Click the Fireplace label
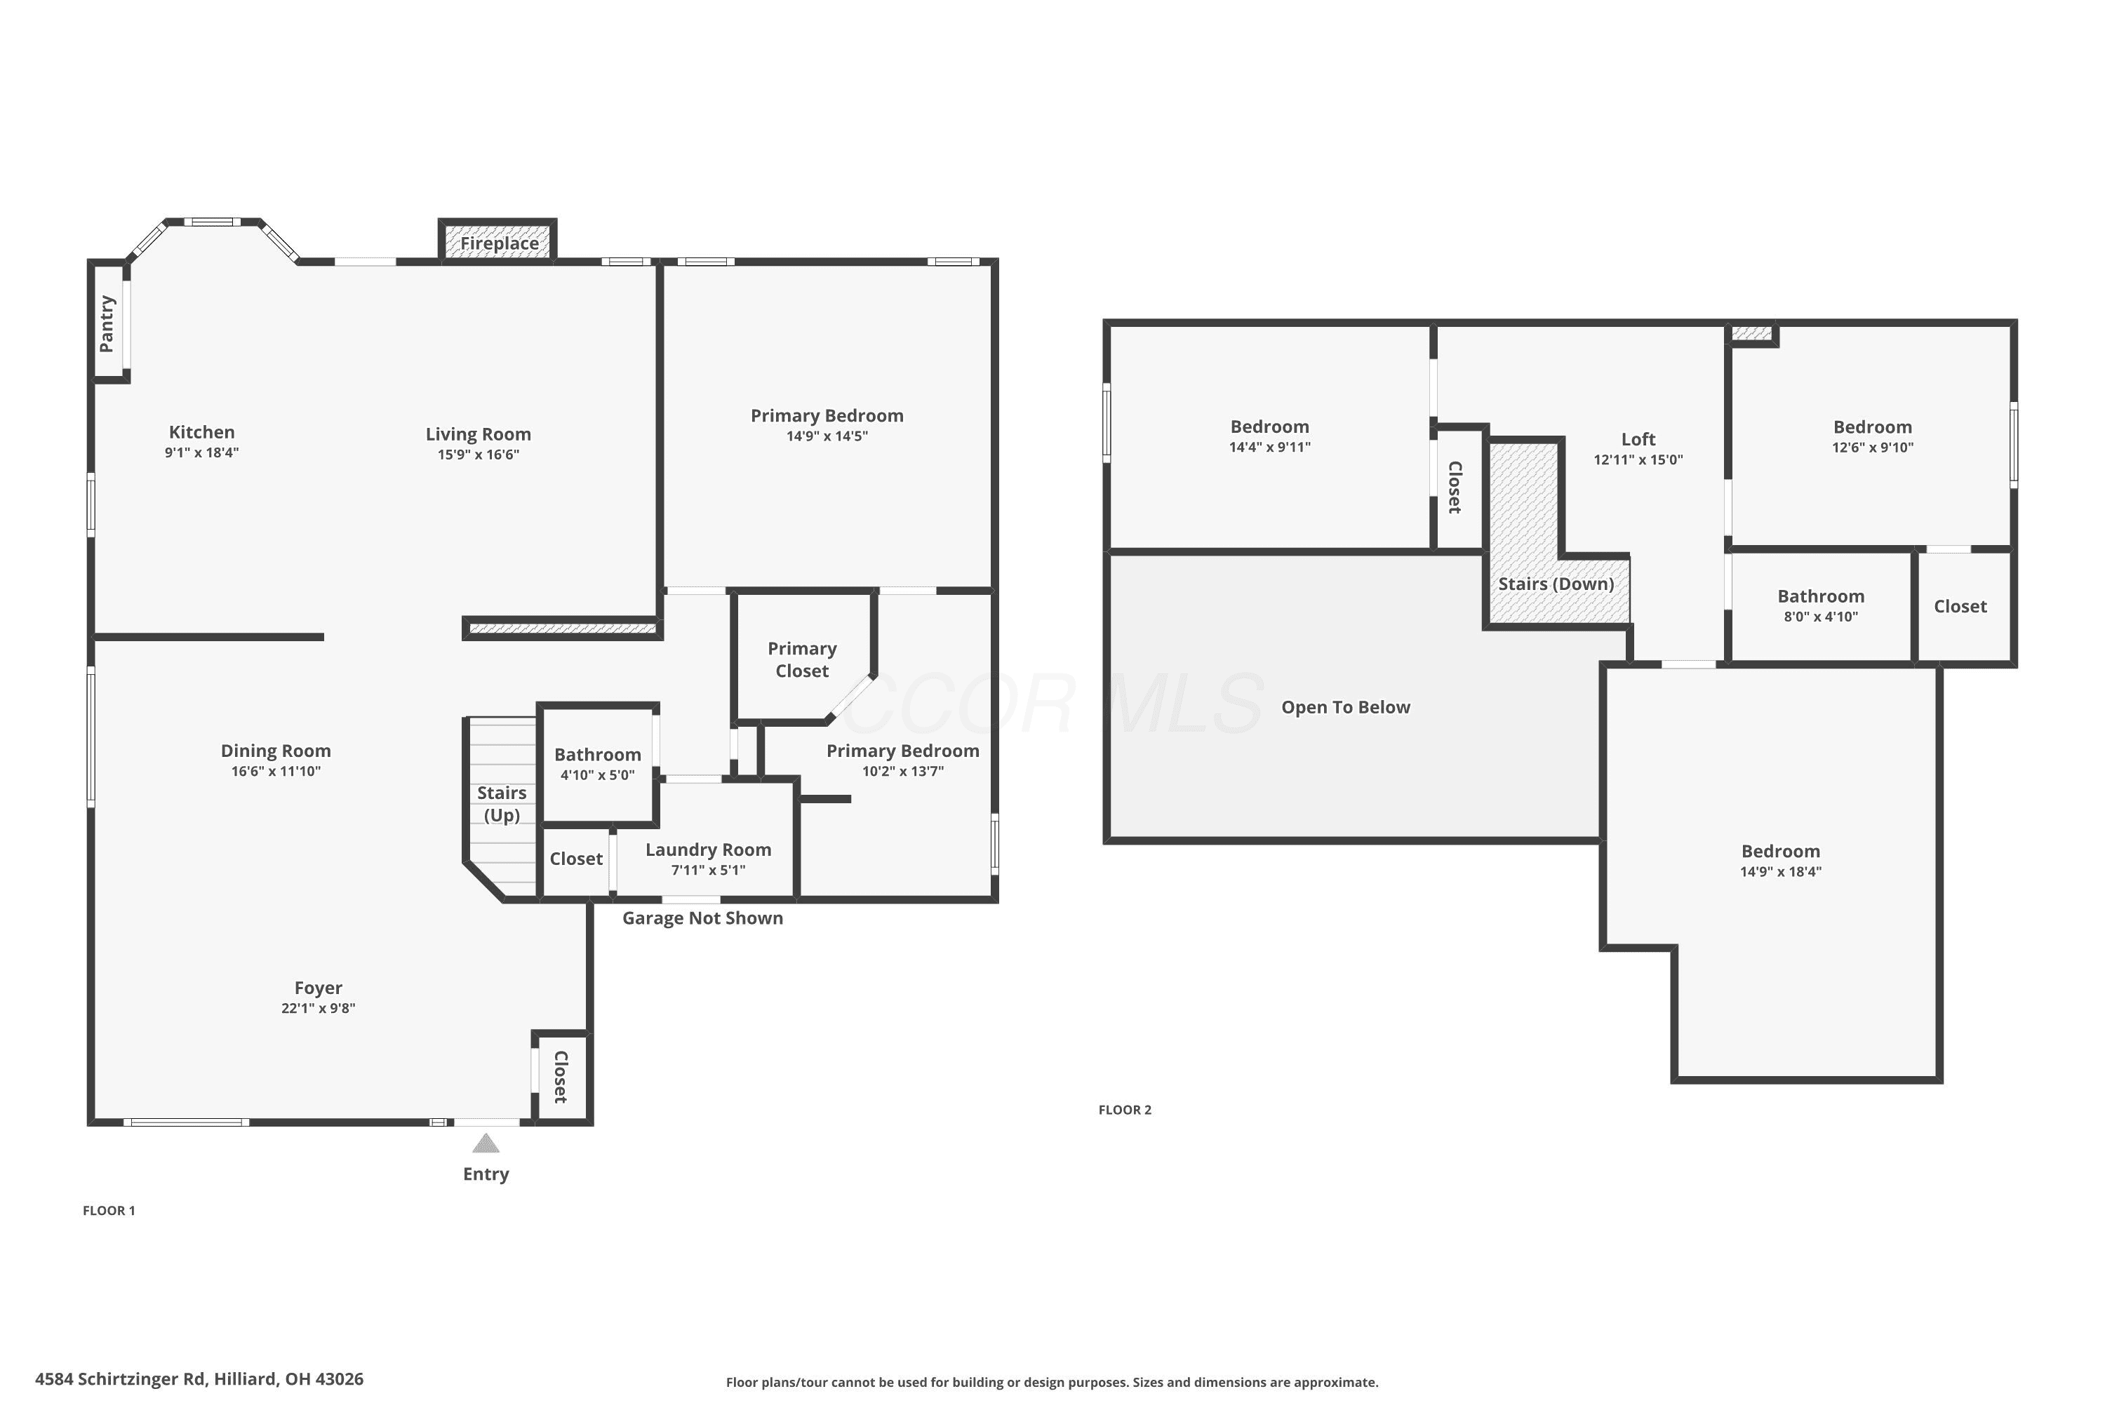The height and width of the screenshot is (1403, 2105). point(500,243)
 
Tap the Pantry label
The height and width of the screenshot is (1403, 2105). point(107,324)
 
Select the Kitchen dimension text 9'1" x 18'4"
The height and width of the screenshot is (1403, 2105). point(201,452)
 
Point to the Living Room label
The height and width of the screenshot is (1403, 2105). point(478,434)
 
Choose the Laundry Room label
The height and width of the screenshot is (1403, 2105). point(708,849)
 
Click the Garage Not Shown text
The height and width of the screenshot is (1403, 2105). point(702,918)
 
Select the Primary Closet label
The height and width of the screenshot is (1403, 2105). point(802,659)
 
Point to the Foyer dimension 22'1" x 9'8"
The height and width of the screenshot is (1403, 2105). point(318,1009)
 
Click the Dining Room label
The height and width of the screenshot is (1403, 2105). point(276,751)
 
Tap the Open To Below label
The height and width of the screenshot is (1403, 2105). point(1345,707)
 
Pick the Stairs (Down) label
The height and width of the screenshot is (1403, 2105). point(1556,584)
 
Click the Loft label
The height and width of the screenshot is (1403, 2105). point(1638,439)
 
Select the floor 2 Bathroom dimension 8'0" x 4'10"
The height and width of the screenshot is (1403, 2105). point(1820,617)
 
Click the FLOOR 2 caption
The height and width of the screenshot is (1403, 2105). point(1125,1110)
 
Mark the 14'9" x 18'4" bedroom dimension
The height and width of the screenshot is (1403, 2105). point(1780,871)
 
